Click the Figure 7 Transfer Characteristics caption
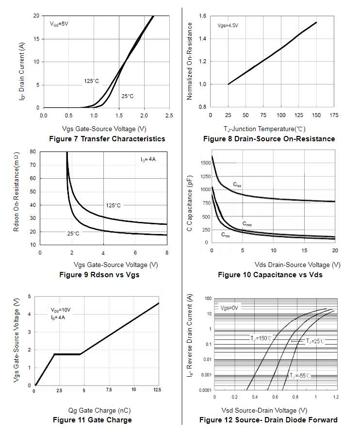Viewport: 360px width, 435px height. (107, 139)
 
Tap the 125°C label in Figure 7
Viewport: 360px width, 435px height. (92, 81)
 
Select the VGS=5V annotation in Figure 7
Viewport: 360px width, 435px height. (59, 24)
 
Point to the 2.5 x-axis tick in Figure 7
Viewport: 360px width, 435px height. (169, 116)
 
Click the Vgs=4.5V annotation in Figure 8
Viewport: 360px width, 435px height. (228, 26)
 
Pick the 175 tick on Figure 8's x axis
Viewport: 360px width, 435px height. (334, 115)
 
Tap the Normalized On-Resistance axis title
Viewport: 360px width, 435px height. (189, 61)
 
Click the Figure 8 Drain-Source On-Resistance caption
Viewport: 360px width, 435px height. (269, 139)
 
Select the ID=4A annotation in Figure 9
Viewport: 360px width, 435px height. (148, 160)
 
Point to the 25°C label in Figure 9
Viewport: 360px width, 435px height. (73, 234)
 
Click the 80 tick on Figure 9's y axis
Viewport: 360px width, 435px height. (33, 151)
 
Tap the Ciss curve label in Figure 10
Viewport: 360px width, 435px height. (237, 184)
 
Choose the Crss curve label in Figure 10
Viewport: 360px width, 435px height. (226, 235)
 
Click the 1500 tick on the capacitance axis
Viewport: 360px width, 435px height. (206, 163)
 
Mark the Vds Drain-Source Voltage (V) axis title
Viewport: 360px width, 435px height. (297, 265)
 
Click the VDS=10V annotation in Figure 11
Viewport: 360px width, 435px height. (61, 310)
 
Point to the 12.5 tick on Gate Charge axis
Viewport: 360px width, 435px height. (157, 390)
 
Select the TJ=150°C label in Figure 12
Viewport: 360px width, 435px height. (261, 338)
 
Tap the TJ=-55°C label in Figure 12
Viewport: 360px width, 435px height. (300, 376)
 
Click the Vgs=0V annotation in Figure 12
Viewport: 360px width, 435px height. (229, 308)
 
